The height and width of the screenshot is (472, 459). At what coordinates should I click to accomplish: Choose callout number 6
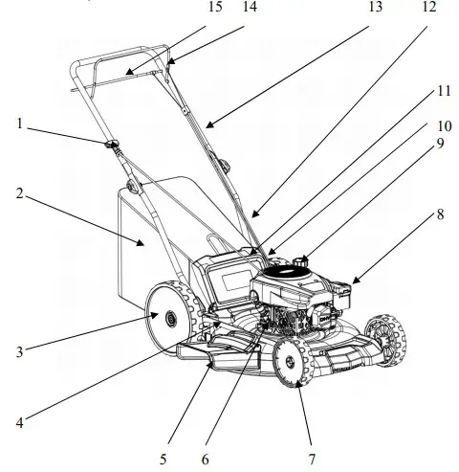coord(204,459)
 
